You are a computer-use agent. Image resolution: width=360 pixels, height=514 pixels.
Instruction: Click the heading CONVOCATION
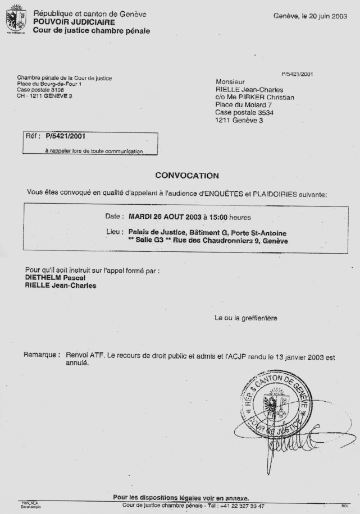pyautogui.click(x=187, y=176)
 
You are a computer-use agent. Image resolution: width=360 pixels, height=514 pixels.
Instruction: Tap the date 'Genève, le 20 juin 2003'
pyautogui.click(x=310, y=16)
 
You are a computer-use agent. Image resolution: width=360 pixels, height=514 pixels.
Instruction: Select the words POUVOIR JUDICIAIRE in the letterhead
pyautogui.click(x=74, y=22)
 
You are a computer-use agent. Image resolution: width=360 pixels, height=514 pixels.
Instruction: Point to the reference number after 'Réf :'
pyautogui.click(x=65, y=136)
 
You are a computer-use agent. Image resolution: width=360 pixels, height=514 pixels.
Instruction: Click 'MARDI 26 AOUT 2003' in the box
pyautogui.click(x=165, y=217)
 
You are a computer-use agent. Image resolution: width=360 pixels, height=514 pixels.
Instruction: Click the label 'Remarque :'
pyautogui.click(x=42, y=355)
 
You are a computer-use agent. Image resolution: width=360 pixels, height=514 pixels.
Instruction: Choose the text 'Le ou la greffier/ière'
pyautogui.click(x=245, y=318)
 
